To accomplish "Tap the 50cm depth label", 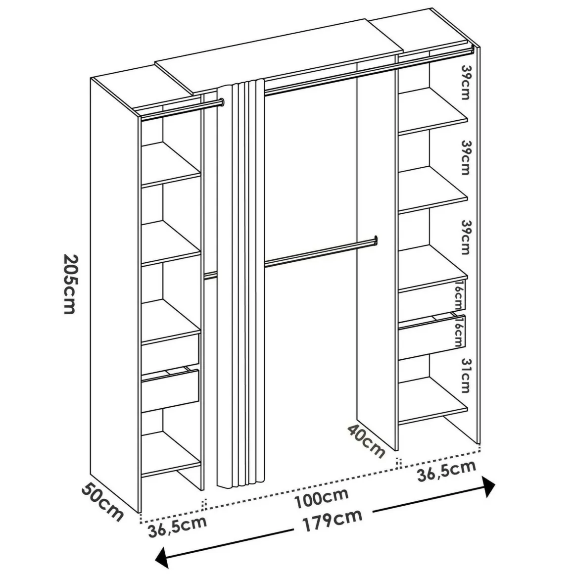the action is click(102, 502).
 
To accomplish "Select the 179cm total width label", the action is click(332, 521).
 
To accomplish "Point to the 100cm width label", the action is click(322, 498).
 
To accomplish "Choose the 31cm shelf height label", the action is click(466, 375).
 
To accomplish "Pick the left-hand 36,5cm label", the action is click(178, 526).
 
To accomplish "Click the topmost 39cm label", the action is click(466, 82).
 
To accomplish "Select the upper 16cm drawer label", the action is click(459, 296).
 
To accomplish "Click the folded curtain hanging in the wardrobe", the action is click(240, 284).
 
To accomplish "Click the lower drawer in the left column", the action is click(170, 390).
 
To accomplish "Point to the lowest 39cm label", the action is click(466, 237).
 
